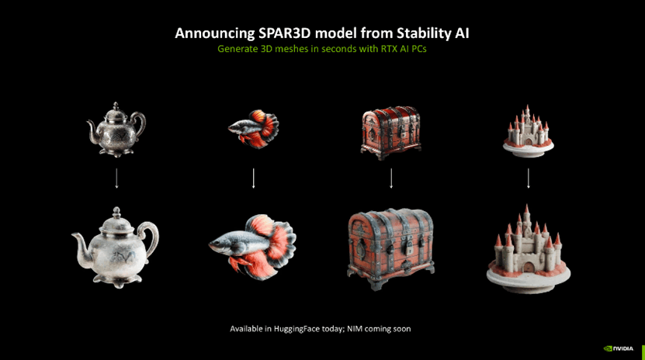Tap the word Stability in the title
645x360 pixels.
pyautogui.click(x=423, y=33)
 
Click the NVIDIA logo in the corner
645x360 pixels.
pyautogui.click(x=619, y=348)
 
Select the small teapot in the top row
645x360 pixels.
pyautogui.click(x=116, y=130)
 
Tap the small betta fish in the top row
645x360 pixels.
pyautogui.click(x=254, y=129)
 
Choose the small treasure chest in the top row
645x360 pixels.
pyautogui.click(x=390, y=133)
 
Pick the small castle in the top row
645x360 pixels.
pyautogui.click(x=528, y=131)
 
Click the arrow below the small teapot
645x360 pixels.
pyautogui.click(x=116, y=178)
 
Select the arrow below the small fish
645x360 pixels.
pyautogui.click(x=253, y=178)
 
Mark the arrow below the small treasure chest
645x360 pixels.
pyautogui.click(x=391, y=178)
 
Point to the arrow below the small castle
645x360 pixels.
pyautogui.click(x=529, y=178)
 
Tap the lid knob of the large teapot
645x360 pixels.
pyautogui.click(x=117, y=213)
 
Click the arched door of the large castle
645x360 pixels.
pyautogui.click(x=529, y=268)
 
